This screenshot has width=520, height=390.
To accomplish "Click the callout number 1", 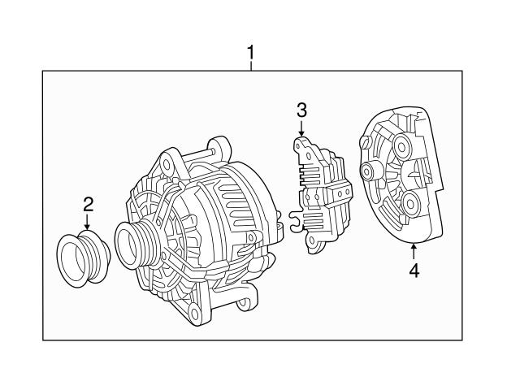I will tap(251, 54).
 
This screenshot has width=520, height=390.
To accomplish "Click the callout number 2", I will tap(89, 204).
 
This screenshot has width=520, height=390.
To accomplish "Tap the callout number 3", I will tap(301, 110).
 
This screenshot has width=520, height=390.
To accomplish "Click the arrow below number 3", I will tap(301, 128).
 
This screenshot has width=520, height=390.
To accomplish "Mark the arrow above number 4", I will tap(414, 251).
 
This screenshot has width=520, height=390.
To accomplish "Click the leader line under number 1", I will tap(251, 67).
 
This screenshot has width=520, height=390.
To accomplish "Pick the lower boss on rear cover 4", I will tap(408, 202).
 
